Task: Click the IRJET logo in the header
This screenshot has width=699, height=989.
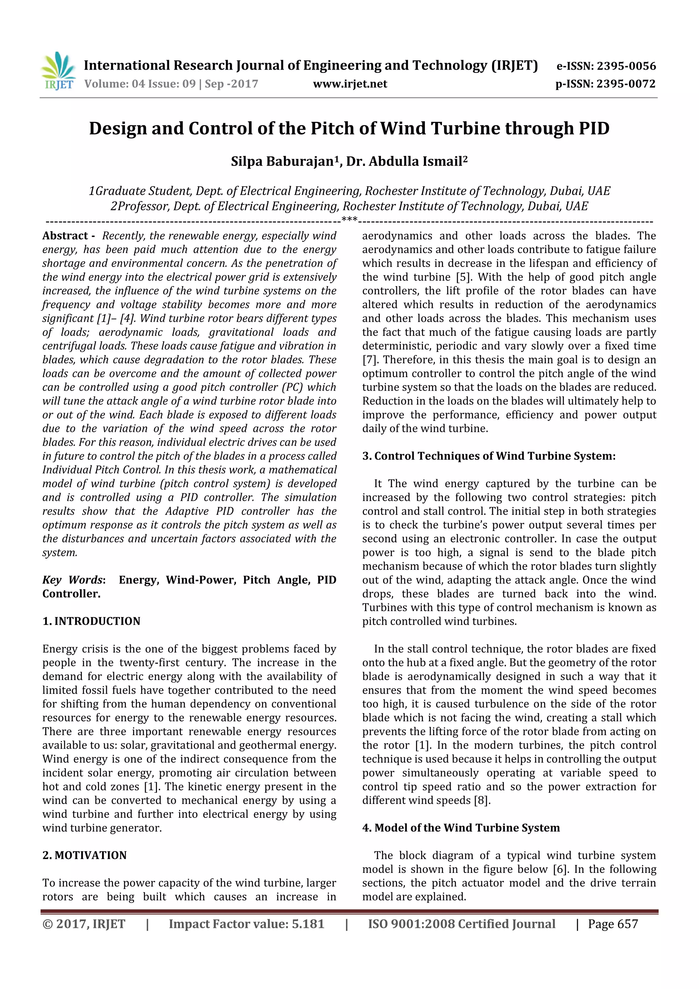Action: (58, 71)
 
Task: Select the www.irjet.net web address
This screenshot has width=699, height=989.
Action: (350, 84)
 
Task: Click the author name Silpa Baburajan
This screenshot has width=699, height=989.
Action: (282, 161)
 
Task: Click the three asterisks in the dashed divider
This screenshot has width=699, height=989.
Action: (349, 220)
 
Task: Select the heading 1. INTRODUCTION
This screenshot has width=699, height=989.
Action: (91, 621)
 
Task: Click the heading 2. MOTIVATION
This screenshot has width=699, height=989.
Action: (84, 855)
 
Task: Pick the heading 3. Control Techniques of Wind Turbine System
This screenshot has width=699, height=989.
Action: (488, 456)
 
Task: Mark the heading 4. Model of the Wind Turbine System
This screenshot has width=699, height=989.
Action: (461, 828)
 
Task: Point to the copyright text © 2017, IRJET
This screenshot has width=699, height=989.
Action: (84, 924)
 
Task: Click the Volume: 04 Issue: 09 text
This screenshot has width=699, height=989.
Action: (140, 84)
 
